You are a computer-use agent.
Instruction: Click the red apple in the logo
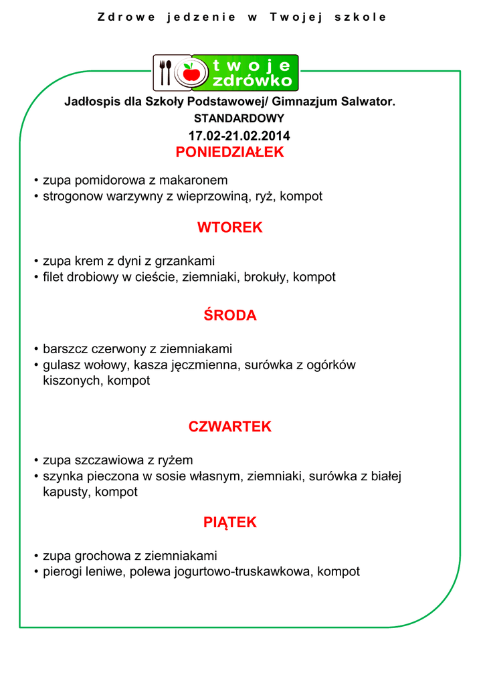(191, 72)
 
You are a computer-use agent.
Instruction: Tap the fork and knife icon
(165, 72)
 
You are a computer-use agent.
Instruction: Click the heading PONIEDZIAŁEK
(229, 153)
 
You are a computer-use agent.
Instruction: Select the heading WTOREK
(229, 227)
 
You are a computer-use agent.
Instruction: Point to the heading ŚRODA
(229, 316)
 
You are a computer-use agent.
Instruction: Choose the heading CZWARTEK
(229, 427)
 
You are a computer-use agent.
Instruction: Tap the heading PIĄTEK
(229, 522)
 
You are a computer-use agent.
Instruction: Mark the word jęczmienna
(208, 365)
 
